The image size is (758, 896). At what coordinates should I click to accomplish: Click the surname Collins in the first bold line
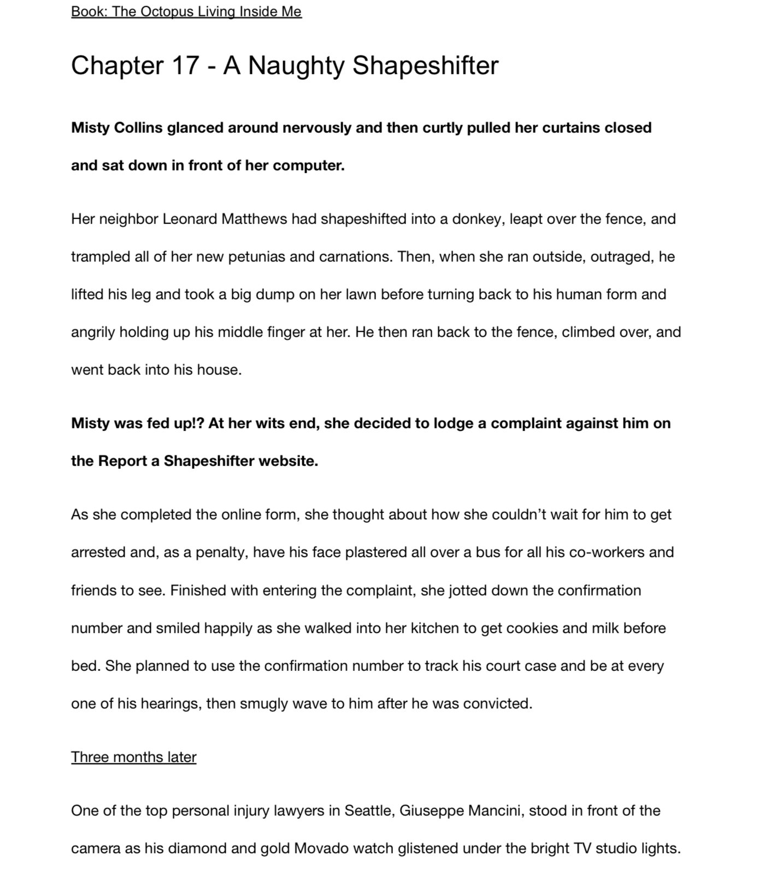pos(138,128)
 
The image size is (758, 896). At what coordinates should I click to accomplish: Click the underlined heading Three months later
pos(133,757)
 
